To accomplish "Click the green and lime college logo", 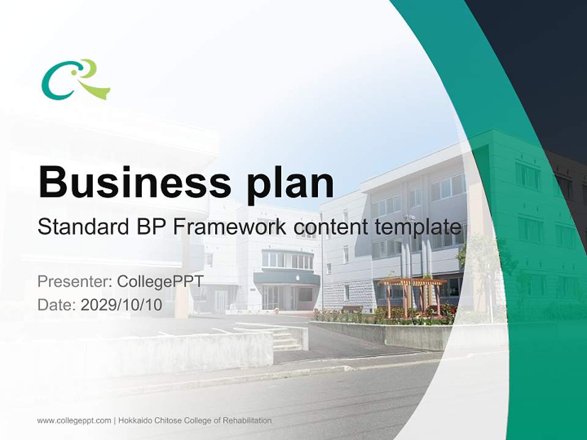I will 75,79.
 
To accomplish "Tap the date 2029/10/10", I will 122,305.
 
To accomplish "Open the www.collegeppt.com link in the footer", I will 74,420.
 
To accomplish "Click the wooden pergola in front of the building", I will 412,293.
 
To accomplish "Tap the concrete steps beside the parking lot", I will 286,339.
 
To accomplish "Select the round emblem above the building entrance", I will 297,276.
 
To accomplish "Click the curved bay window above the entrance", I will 287,260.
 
